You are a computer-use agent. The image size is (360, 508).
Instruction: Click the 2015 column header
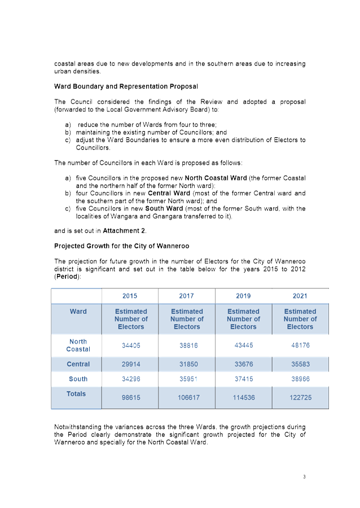coord(130,296)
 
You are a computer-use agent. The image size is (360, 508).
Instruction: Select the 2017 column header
coord(186,296)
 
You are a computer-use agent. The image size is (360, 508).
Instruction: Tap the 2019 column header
coord(243,296)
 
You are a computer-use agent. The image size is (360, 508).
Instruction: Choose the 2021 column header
coord(300,296)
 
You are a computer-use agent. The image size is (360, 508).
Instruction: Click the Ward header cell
coord(78,312)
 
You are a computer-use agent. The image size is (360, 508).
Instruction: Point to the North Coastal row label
coord(78,345)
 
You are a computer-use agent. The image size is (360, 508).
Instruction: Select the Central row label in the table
coord(78,365)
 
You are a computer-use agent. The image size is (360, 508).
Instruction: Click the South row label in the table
coord(78,379)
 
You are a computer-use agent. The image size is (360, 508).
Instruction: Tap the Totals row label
coord(76,394)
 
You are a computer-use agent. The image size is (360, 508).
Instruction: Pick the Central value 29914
coord(131,365)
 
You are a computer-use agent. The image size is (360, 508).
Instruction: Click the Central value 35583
coord(300,365)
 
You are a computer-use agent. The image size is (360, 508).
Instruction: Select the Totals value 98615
coord(131,397)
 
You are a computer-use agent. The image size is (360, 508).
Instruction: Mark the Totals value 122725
coord(300,397)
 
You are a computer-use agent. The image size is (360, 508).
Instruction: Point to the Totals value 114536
coord(243,397)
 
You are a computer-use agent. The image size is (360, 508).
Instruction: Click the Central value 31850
coord(187,365)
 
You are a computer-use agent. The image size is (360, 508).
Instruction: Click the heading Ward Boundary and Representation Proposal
coord(126,86)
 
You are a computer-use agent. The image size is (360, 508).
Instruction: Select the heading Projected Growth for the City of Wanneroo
coord(121,246)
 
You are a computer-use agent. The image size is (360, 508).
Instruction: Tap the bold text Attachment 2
coord(125,231)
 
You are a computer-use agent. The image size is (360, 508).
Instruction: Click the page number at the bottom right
coord(304,476)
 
